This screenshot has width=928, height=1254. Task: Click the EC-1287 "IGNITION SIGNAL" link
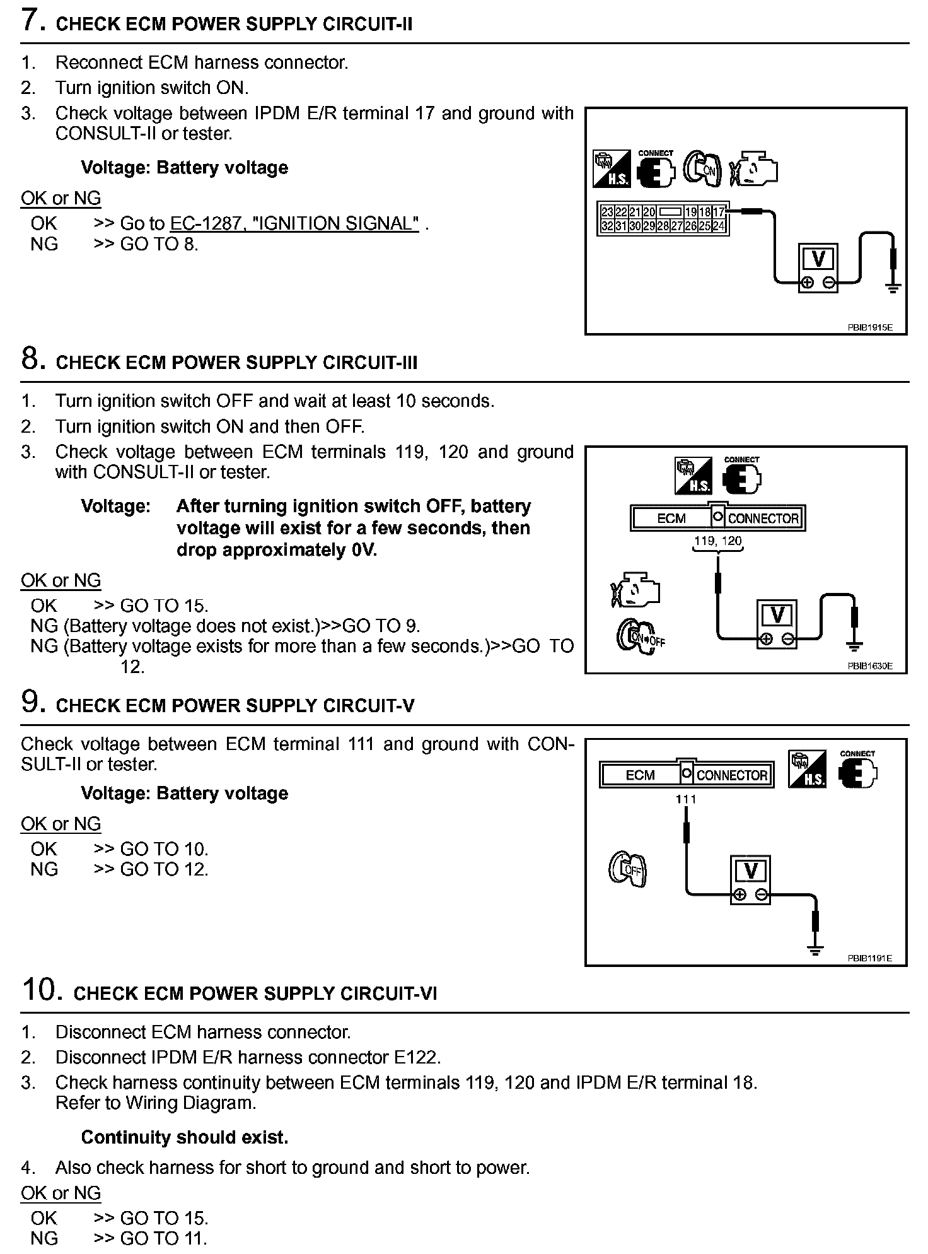click(x=294, y=223)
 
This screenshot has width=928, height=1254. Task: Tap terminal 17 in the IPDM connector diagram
click(x=719, y=213)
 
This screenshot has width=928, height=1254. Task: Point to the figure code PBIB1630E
click(x=870, y=665)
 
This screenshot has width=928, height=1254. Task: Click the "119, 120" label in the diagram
click(x=718, y=541)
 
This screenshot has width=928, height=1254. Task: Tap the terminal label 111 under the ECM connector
click(x=686, y=799)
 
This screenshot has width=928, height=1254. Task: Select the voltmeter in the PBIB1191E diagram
click(x=750, y=880)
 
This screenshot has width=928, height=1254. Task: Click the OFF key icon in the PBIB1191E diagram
click(x=628, y=869)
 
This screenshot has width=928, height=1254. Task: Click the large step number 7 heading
click(x=33, y=20)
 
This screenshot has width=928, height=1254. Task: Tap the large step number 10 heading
click(x=42, y=989)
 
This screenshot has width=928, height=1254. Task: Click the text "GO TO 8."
click(x=159, y=244)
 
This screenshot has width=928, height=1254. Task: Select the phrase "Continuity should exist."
click(x=185, y=1137)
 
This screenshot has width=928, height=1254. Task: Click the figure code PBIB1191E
click(x=870, y=958)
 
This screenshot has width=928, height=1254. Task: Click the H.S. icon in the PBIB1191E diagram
click(x=808, y=769)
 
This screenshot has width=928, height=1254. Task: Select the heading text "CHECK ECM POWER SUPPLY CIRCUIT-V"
click(x=235, y=706)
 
